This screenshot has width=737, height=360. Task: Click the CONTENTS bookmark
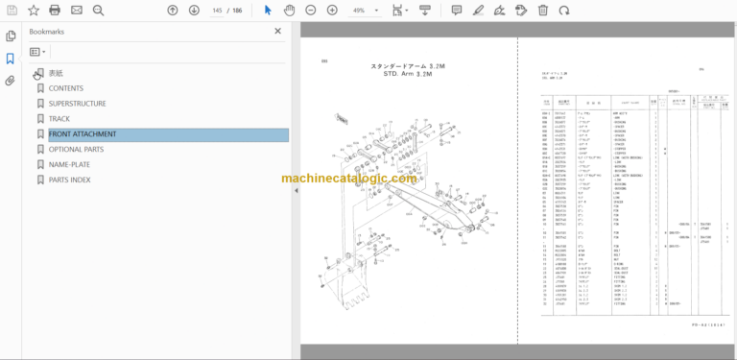pos(65,88)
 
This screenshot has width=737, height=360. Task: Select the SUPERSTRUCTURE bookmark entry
pos(77,104)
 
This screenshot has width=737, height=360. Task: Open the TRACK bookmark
pos(59,119)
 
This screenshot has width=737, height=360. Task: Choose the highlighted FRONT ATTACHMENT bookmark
pos(83,134)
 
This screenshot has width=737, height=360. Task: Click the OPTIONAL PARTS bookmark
pos(76,150)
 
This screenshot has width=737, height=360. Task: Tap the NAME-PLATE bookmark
pos(70,164)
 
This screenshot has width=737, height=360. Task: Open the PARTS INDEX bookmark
pos(69,180)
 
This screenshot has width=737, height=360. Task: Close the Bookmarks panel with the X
pos(278,31)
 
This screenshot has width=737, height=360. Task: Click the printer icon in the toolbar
pos(55,10)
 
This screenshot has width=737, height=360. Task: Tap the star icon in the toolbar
pos(34,10)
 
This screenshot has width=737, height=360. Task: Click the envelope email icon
pos(77,10)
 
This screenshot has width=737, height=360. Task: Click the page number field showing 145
pos(218,10)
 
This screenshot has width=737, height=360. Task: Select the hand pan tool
pos(290,10)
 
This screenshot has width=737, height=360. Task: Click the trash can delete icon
pos(542,10)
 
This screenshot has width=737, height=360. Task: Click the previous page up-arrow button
pos(173,10)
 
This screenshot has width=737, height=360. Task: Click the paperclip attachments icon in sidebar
pos(11,81)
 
